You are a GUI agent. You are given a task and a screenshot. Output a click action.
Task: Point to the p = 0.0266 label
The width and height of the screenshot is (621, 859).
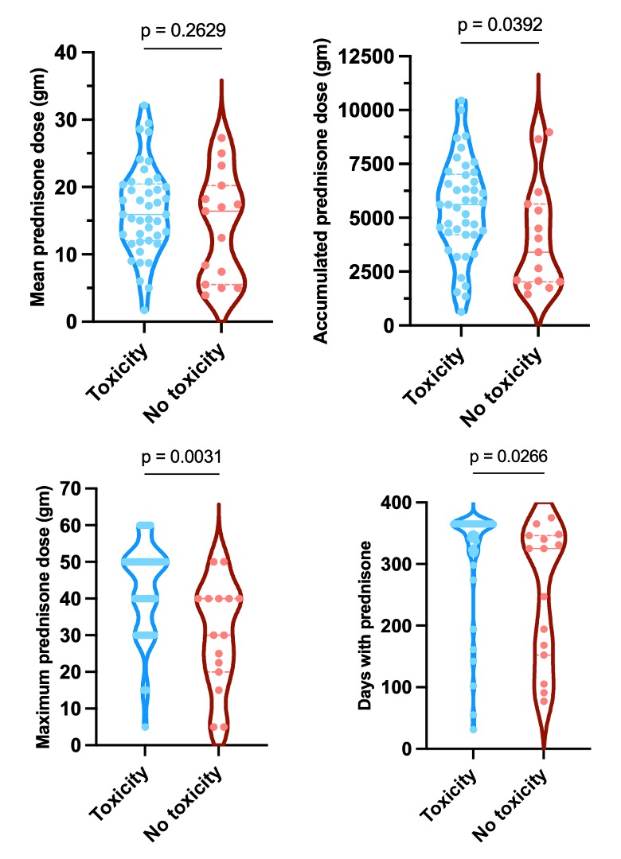point(509,457)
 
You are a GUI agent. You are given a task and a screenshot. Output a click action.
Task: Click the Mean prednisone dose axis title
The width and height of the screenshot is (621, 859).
point(37,188)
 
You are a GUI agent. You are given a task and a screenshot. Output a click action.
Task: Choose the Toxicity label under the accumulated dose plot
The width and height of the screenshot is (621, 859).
point(439,374)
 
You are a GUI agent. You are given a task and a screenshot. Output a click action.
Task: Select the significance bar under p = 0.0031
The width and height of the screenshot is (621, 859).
point(182,474)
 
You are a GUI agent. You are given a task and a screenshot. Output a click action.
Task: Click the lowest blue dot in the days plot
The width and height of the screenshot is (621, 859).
point(474,729)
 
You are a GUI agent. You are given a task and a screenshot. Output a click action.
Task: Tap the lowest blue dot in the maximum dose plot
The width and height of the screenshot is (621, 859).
point(145,726)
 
